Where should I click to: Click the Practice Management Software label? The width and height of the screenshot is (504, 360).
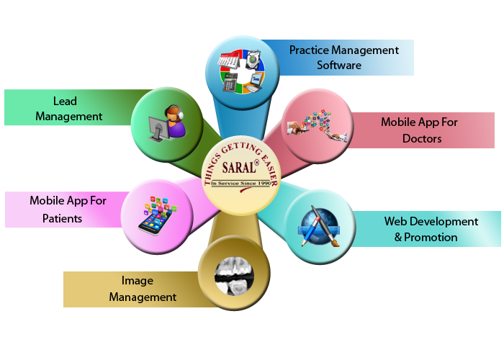[x=343, y=58]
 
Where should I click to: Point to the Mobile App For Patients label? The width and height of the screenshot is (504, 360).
[x=68, y=209]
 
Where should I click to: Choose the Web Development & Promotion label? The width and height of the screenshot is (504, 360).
[x=430, y=229]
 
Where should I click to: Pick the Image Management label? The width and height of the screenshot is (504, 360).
[x=143, y=289]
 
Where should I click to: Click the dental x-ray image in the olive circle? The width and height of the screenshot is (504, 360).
[x=234, y=274]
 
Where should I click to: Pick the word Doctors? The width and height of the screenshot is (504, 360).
[x=422, y=138]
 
